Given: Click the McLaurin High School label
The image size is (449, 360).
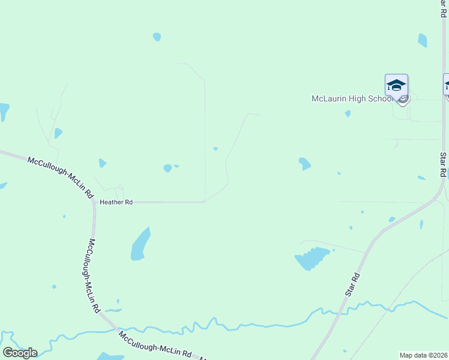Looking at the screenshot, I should (x=352, y=99).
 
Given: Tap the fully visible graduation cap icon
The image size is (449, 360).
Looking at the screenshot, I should (x=396, y=85).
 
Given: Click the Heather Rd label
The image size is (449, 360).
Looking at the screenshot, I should (x=116, y=203).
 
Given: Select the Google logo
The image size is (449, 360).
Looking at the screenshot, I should (x=20, y=353).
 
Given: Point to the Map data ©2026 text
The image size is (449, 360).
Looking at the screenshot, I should (x=423, y=355).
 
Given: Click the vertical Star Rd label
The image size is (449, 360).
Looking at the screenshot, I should (x=443, y=164).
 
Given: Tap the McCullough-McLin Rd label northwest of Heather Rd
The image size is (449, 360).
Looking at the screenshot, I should (x=61, y=177).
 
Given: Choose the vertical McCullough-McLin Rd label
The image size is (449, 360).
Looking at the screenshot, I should (x=94, y=276).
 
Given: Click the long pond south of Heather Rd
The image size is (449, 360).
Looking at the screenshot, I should (x=140, y=244).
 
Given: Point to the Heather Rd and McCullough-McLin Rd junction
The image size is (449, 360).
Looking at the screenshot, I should (x=94, y=202).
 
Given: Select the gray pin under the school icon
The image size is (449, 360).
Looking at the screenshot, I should (x=403, y=99).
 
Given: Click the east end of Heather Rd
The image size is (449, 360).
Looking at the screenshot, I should (x=204, y=202).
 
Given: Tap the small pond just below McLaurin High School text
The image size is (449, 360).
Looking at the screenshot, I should (x=348, y=113).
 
